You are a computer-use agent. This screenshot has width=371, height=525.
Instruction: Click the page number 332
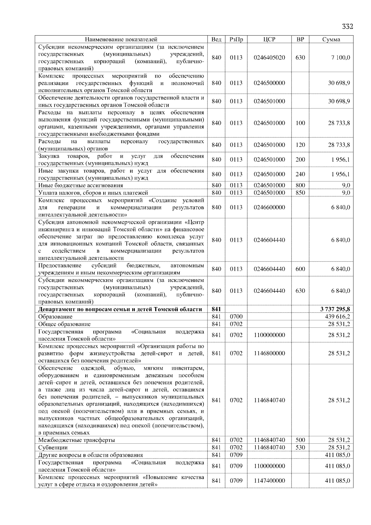pyautogui.click(x=347, y=26)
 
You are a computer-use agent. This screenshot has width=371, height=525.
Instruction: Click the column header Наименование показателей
pyautogui.click(x=121, y=39)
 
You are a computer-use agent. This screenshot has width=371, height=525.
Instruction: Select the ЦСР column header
pyautogui.click(x=269, y=39)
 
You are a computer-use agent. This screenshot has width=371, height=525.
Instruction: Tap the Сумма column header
pyautogui.click(x=331, y=39)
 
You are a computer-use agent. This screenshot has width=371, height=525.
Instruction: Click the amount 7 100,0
pyautogui.click(x=341, y=58)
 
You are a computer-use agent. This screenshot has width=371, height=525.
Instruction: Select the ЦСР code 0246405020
pyautogui.click(x=269, y=58)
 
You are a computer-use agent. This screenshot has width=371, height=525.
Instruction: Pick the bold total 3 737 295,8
pyautogui.click(x=335, y=309)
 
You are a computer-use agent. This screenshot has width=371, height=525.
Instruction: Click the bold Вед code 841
pyautogui.click(x=216, y=309)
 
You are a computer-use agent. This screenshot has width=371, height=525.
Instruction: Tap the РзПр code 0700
pyautogui.click(x=236, y=317)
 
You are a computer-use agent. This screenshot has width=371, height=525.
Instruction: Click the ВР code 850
pyautogui.click(x=300, y=193)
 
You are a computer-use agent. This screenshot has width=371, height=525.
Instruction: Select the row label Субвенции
pyautogui.click(x=53, y=447)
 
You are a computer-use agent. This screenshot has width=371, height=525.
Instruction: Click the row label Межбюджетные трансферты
pyautogui.click(x=77, y=440)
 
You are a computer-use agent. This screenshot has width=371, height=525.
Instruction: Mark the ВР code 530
pyautogui.click(x=300, y=447)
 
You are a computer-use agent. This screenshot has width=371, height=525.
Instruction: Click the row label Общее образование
pyautogui.click(x=64, y=324)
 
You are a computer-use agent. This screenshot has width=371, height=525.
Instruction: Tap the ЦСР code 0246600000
pyautogui.click(x=269, y=207)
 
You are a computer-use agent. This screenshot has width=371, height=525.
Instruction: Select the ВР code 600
pyautogui.click(x=300, y=269)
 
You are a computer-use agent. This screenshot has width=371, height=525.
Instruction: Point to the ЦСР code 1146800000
pyautogui.click(x=269, y=353)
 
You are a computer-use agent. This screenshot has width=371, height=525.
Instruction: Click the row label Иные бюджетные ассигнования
pyautogui.click(x=80, y=185)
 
